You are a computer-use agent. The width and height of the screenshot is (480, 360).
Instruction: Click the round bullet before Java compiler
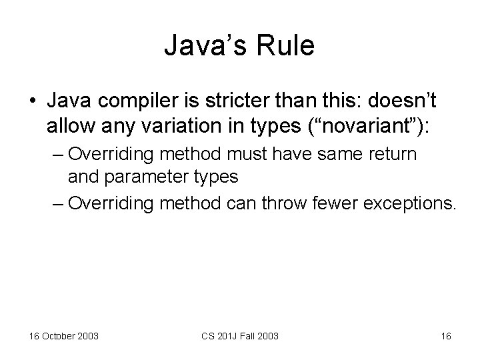(33, 101)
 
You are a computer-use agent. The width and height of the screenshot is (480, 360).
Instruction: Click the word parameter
(142, 177)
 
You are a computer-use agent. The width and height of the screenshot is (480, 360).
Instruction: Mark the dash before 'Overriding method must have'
(58, 155)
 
